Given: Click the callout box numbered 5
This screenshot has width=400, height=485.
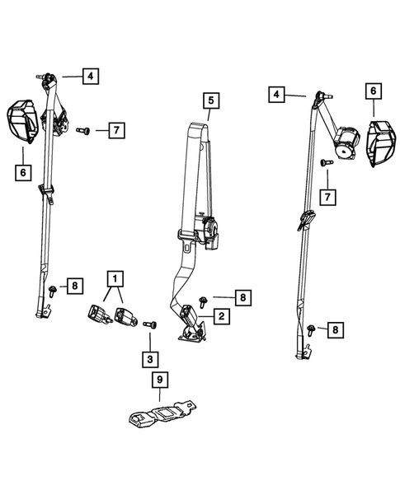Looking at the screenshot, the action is click(x=211, y=100).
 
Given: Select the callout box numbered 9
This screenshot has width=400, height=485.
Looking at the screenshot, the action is click(x=160, y=380).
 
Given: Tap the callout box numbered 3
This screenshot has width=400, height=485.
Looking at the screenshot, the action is click(x=150, y=359).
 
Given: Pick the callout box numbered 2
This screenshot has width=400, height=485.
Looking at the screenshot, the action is click(x=222, y=316).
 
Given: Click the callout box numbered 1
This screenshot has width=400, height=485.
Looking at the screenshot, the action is click(x=115, y=279).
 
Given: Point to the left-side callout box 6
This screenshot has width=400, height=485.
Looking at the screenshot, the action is click(x=23, y=173).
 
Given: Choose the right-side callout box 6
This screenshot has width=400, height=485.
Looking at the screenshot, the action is click(x=374, y=91).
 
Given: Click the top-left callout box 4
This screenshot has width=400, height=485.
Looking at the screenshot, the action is click(x=91, y=76).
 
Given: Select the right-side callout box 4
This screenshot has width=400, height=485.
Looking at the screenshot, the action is click(x=276, y=94).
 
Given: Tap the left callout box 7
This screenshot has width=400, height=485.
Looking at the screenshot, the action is click(x=116, y=130).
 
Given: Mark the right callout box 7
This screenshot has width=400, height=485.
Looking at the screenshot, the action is click(x=327, y=197).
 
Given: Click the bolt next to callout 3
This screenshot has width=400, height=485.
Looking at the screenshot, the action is click(x=150, y=324).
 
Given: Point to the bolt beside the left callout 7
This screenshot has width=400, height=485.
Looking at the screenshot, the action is click(x=83, y=131).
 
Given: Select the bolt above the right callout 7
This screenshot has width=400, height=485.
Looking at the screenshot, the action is click(x=327, y=162).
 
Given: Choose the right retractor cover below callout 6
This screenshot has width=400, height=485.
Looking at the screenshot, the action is click(x=382, y=144).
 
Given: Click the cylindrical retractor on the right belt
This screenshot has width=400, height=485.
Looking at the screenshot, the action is click(x=347, y=143).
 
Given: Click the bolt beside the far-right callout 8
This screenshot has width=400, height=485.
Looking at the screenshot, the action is click(x=310, y=330).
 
